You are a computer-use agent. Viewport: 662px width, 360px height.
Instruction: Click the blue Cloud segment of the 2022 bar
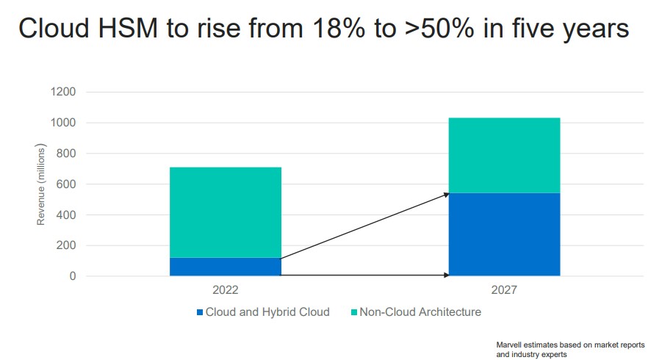click(225, 267)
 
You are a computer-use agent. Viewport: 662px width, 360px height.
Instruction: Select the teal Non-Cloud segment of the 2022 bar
click(225, 212)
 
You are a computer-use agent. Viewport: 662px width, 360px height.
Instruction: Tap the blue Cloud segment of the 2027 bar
click(504, 234)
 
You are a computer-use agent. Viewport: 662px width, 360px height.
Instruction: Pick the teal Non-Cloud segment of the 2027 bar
click(504, 155)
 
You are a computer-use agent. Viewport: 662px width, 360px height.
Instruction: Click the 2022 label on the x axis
click(225, 290)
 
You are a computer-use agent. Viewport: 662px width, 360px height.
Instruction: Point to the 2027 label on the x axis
click(504, 290)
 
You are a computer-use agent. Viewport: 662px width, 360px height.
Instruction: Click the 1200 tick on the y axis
click(62, 92)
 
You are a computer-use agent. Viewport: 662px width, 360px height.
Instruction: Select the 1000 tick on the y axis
click(62, 123)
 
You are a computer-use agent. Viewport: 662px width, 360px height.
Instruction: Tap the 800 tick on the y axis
click(66, 154)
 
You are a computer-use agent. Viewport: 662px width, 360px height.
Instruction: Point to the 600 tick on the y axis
click(66, 184)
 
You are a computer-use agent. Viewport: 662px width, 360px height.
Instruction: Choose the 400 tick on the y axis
click(66, 215)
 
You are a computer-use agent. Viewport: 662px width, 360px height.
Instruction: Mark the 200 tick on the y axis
click(66, 246)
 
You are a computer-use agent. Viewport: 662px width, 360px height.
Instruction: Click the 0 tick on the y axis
click(72, 277)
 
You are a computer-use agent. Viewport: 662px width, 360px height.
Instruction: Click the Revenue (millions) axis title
click(42, 184)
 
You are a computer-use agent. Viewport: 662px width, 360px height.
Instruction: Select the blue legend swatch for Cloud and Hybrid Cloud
click(199, 312)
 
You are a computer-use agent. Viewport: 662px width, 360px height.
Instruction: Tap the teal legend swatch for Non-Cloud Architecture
click(353, 312)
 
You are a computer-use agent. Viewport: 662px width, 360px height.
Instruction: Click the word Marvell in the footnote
click(511, 345)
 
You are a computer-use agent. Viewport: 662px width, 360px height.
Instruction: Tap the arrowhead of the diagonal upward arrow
click(446, 195)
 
